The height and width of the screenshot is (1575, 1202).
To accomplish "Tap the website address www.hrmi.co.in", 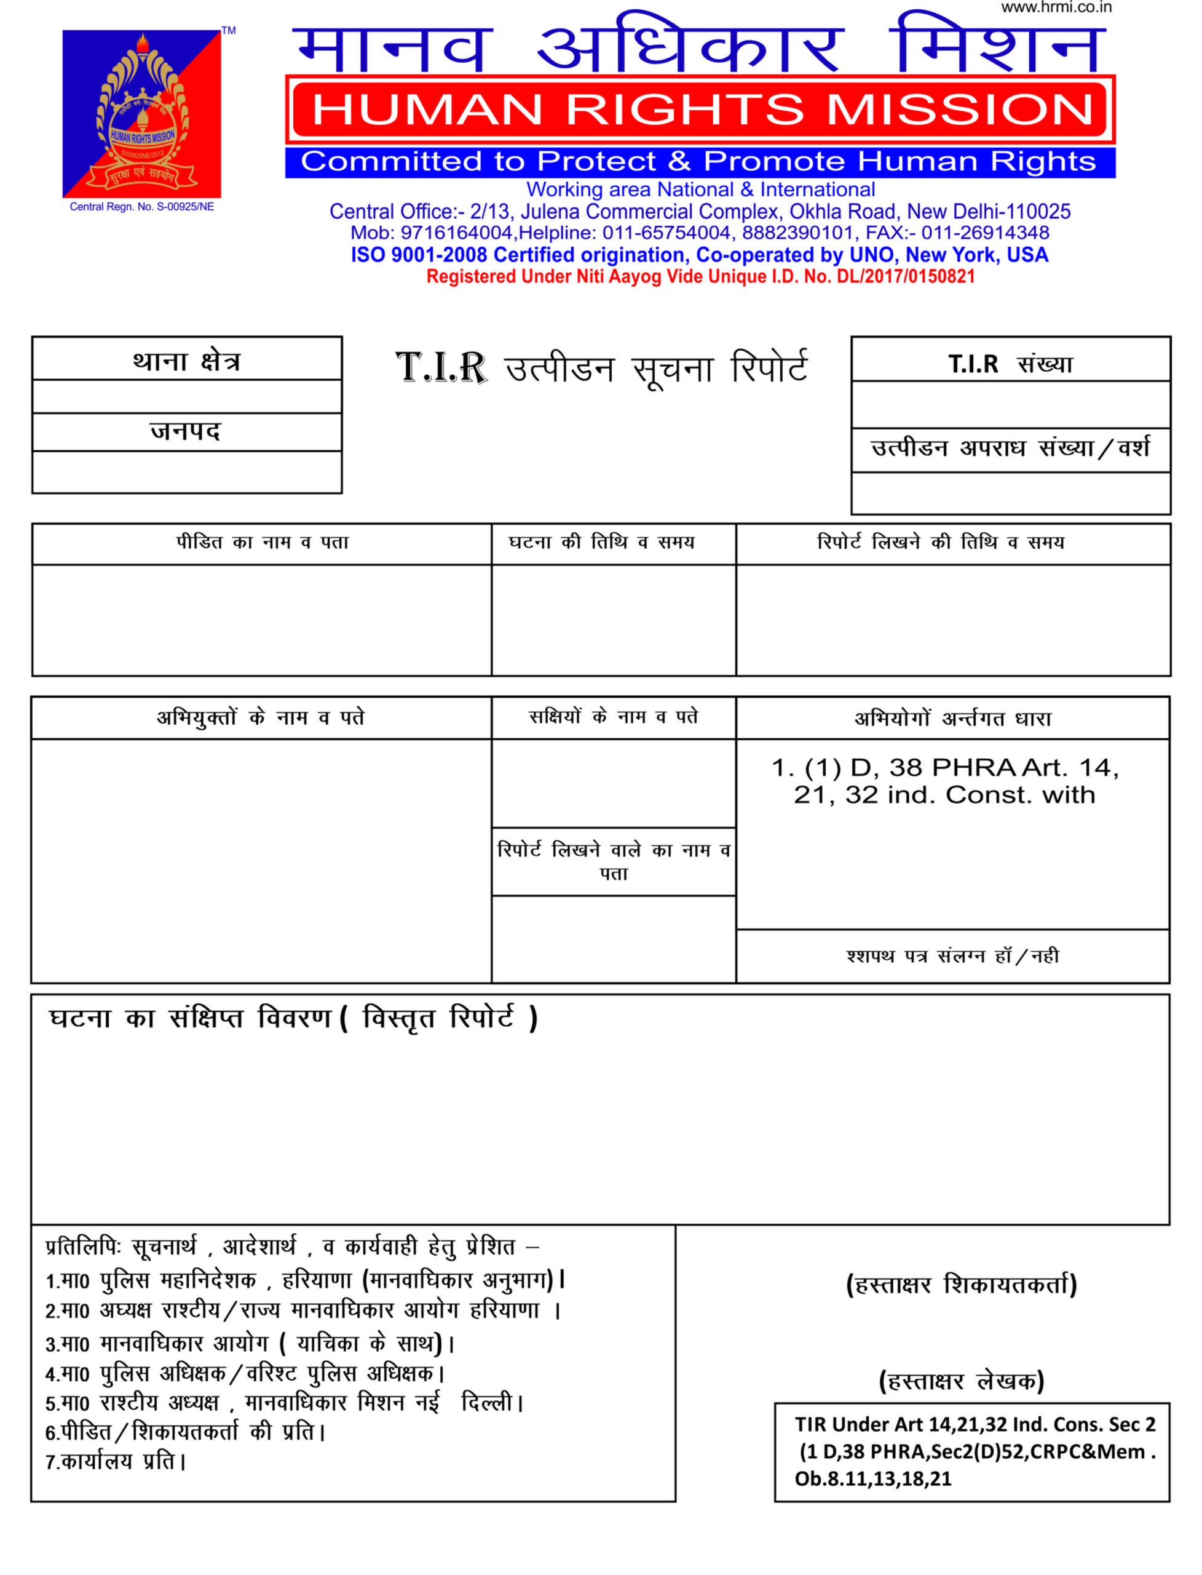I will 1056,8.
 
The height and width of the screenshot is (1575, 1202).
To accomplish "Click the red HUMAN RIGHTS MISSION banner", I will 700,110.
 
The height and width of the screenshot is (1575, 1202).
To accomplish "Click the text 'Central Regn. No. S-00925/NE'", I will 141,207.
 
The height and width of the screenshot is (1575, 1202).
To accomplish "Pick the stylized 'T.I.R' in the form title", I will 441,368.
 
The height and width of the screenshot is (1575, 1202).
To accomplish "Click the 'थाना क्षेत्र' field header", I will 187,361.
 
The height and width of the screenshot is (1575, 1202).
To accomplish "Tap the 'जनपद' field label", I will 186,432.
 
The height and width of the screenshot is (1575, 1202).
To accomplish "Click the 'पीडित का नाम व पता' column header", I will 262,543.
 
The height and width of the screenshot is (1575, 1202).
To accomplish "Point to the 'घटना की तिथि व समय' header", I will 601,543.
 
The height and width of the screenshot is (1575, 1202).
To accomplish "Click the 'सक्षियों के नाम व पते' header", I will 613,717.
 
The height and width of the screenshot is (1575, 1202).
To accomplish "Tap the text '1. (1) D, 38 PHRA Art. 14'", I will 944,768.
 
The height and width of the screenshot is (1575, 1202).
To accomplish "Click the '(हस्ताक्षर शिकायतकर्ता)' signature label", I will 961,1285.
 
